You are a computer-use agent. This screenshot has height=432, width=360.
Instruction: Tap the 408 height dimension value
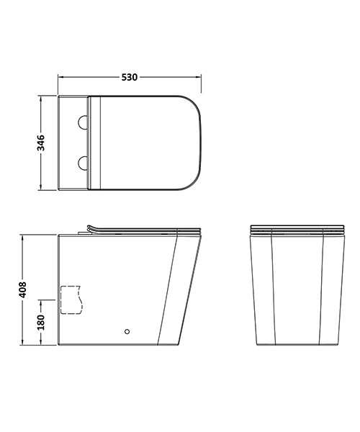[22, 289]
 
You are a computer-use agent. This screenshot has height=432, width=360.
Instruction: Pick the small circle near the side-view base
[127, 332]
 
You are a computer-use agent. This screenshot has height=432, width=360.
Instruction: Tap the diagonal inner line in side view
[166, 288]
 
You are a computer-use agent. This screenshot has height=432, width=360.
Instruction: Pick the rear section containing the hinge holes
[74, 143]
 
